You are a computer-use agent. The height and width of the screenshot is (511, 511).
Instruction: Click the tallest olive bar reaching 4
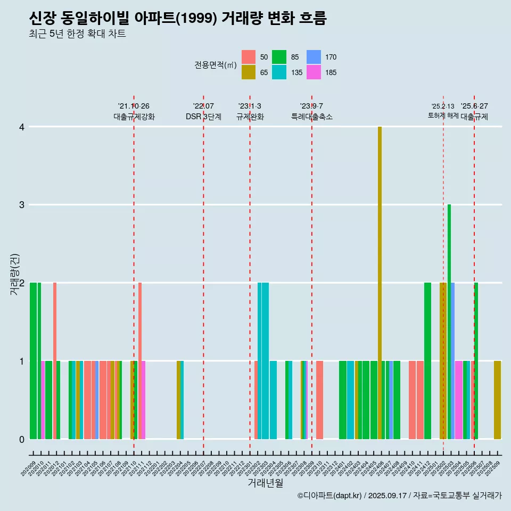pos(380,282)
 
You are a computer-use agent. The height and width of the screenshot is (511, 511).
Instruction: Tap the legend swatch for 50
pos(249,57)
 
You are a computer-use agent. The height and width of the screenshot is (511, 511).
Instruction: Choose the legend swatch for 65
pos(249,72)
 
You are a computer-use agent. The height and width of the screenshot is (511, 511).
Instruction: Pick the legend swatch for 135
pos(279,72)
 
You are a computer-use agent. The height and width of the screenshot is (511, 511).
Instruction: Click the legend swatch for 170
pos(314,57)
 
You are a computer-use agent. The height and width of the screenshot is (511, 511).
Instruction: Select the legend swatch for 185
pos(314,72)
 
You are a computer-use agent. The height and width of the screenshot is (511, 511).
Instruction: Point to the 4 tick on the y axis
pos(22,127)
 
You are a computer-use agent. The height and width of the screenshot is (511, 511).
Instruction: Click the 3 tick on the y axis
pos(22,205)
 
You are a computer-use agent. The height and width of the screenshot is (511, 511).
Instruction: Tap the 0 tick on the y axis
pos(22,439)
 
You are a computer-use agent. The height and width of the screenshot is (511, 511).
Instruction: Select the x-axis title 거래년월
pos(265,483)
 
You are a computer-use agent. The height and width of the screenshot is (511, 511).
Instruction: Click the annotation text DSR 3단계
pos(203,117)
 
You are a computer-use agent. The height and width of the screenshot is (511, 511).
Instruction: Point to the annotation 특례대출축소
pos(311,117)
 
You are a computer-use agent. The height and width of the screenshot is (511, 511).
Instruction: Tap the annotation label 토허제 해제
pos(443,116)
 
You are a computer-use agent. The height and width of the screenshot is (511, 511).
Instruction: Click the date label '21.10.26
pos(134,106)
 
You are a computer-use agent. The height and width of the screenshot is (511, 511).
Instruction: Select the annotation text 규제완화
pos(250,117)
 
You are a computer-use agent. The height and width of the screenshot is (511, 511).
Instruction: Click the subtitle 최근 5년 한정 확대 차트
pos(77,34)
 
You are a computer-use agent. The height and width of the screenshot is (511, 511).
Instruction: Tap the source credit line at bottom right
pos(399,496)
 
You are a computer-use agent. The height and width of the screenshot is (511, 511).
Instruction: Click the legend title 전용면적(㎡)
pos(215,65)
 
